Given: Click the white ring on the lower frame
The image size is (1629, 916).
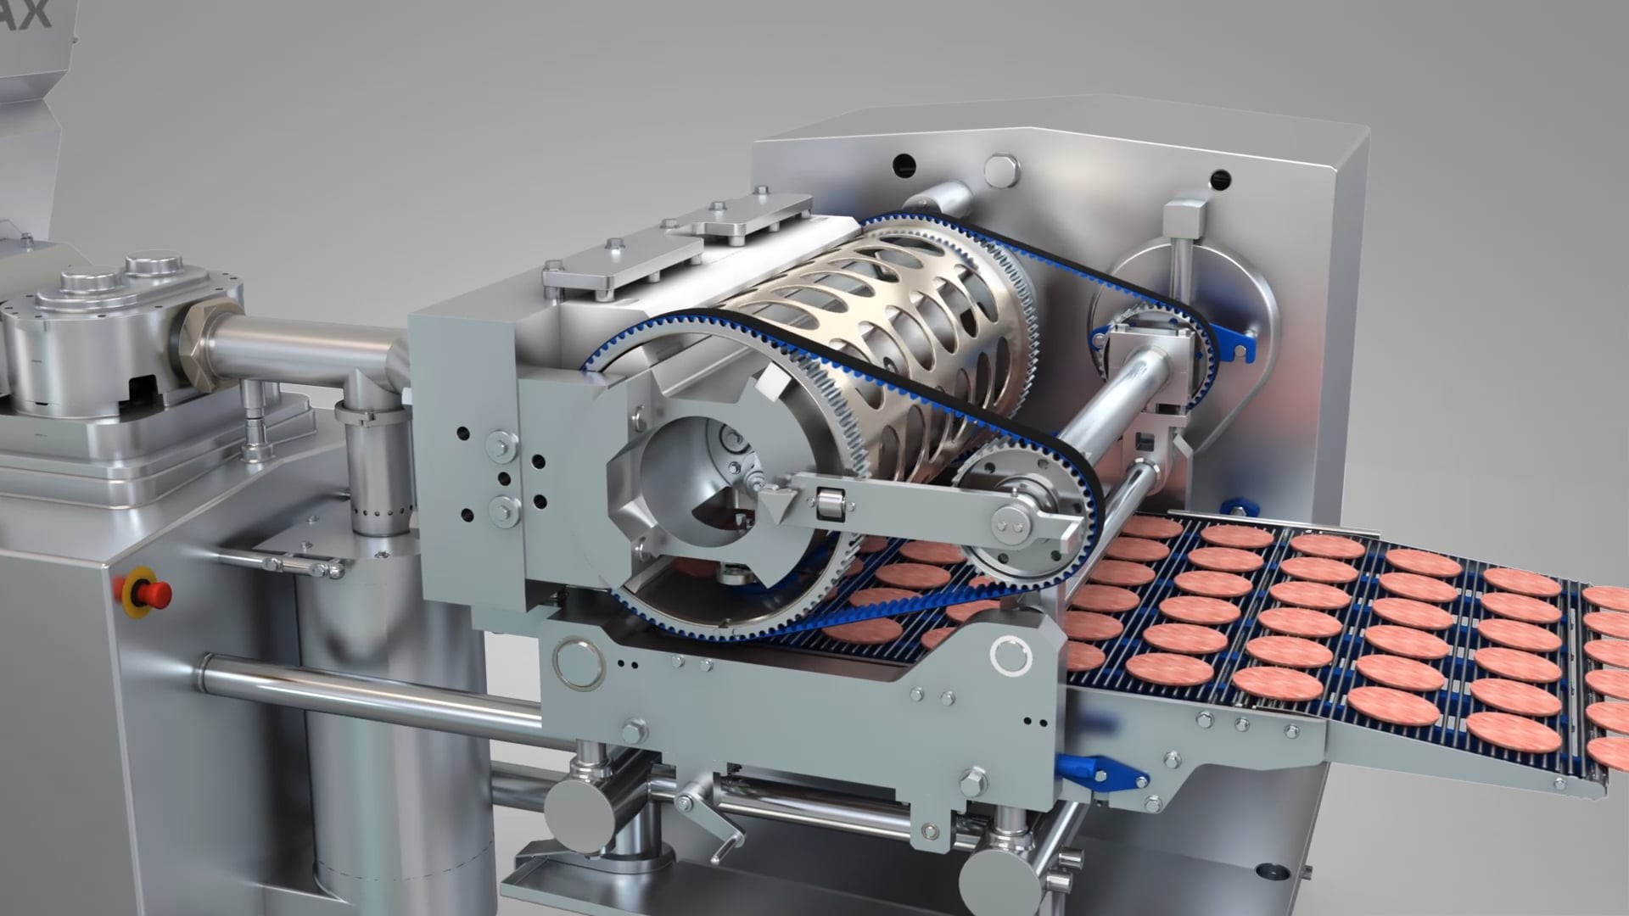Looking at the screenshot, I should tap(1010, 654).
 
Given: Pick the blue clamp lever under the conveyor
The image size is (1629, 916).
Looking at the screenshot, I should tap(1103, 772).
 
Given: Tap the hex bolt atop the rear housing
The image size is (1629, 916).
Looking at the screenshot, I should tap(1001, 169).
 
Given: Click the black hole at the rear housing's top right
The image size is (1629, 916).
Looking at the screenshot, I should tap(1220, 179).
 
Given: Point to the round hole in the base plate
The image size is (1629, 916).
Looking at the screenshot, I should tap(1270, 871).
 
